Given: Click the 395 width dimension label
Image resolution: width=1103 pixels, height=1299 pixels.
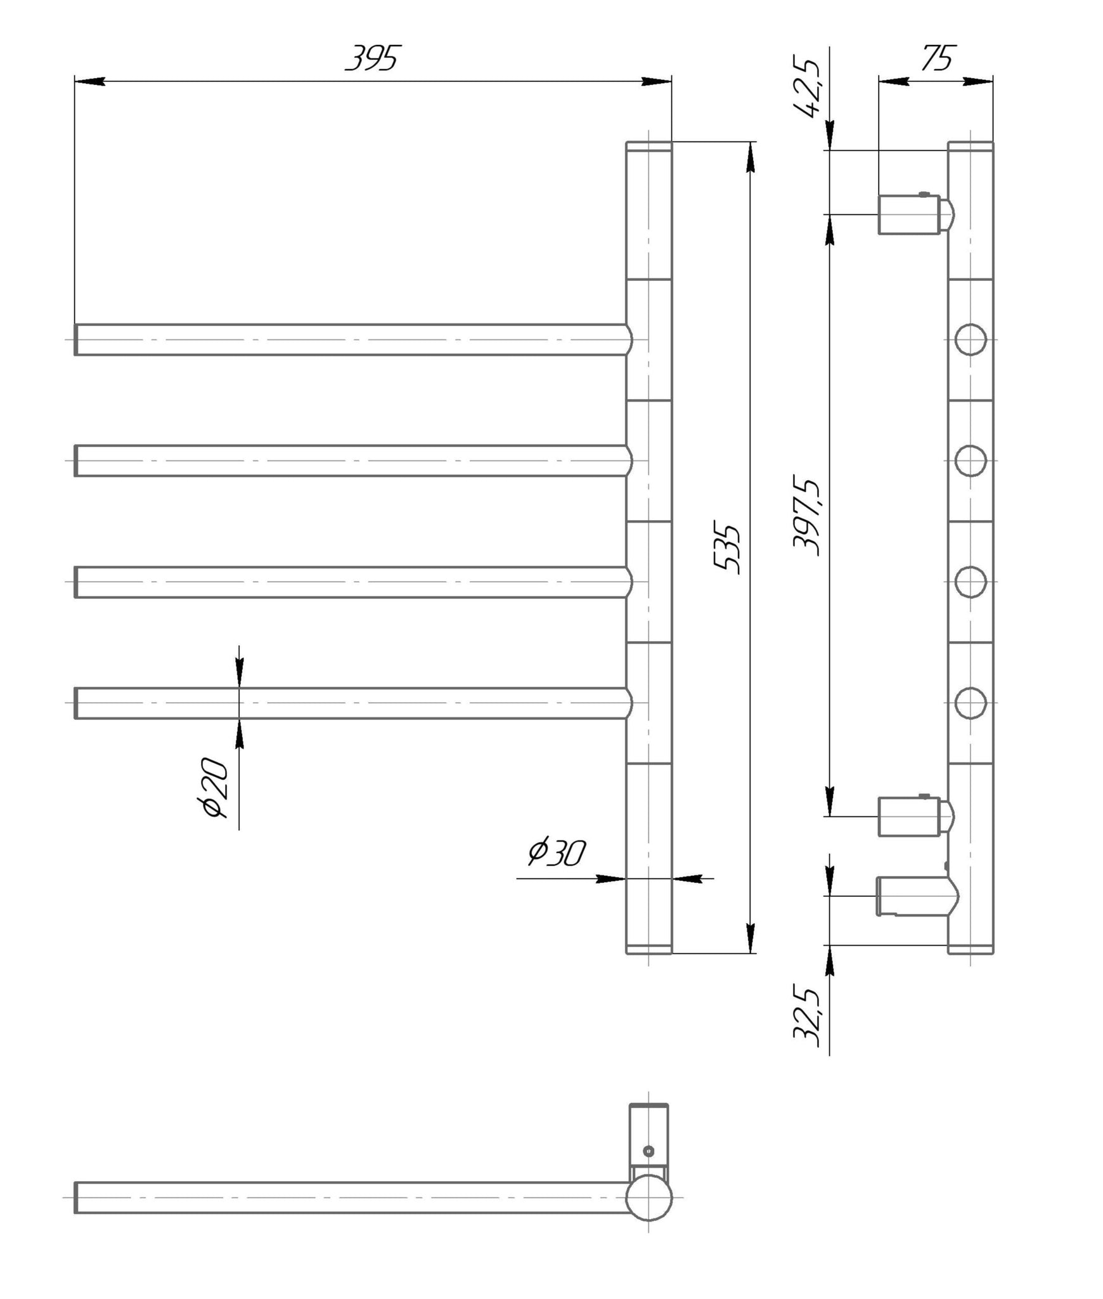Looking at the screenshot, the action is [373, 58].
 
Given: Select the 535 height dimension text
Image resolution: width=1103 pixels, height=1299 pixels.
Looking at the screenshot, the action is [726, 549].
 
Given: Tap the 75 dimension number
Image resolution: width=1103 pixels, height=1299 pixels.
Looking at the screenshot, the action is [937, 58].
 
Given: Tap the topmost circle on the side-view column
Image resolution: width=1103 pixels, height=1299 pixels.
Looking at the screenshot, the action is [971, 339].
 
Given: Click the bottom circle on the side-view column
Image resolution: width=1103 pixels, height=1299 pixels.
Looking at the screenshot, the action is [971, 703].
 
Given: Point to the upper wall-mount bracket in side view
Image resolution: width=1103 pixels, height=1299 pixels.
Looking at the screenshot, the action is [916, 214].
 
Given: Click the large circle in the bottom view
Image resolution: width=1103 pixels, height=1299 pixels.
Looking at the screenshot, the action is [648, 1198].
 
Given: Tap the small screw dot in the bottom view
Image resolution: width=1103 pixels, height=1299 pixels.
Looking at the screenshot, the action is [648, 1151].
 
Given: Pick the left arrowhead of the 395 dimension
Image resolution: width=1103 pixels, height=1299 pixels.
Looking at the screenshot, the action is [89, 81].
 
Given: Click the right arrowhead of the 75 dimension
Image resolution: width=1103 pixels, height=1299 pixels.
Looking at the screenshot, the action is [978, 81].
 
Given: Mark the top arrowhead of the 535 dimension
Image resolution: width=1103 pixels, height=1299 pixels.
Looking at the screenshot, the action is [751, 157].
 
